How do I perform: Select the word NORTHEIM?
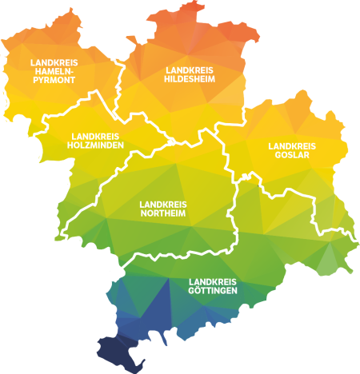[163, 213]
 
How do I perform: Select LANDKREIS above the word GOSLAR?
[292, 145]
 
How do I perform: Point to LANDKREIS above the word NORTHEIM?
[163, 204]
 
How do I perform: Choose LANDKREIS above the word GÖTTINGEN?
[213, 281]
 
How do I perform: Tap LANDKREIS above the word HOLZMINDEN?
[95, 136]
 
